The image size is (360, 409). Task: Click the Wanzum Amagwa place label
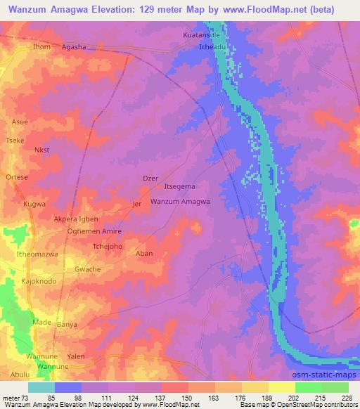(180, 202)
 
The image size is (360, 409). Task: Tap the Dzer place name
(150, 178)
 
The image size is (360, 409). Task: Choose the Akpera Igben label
(76, 219)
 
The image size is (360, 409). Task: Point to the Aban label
(143, 253)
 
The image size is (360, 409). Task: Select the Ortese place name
(17, 177)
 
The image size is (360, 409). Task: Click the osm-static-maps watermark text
(329, 361)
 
